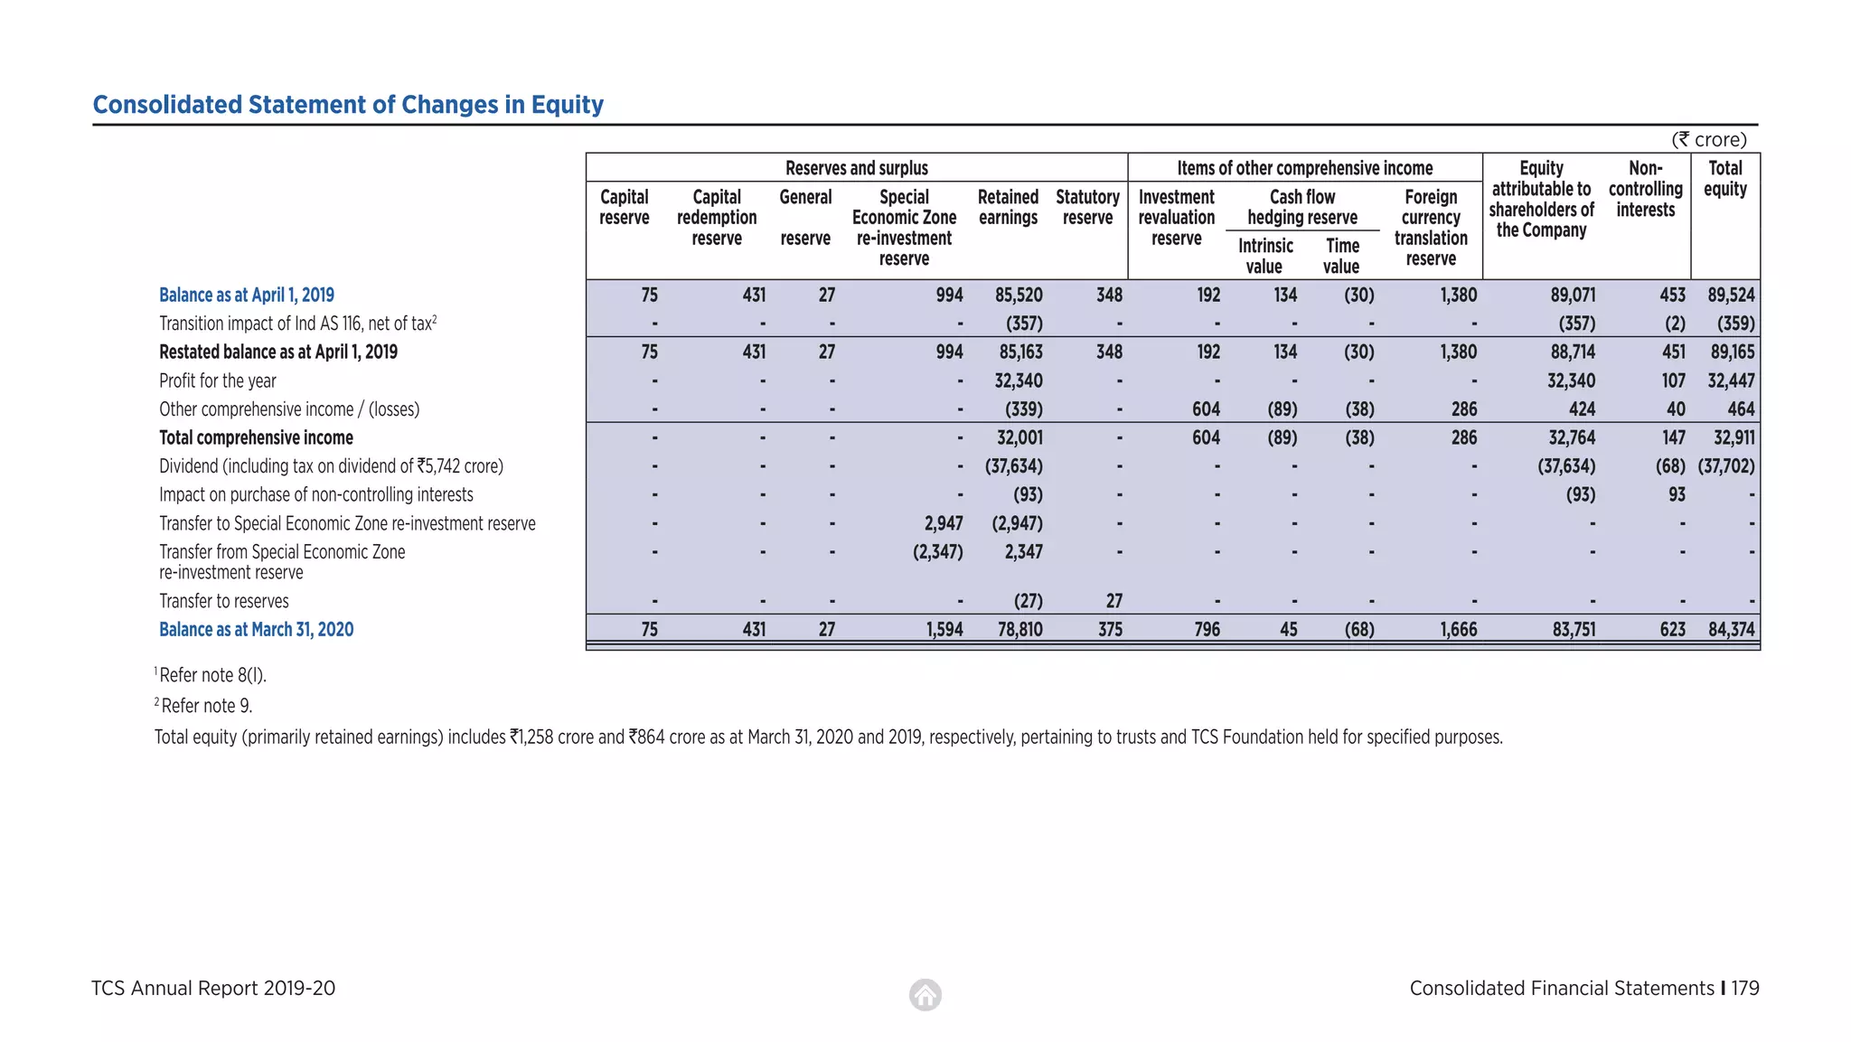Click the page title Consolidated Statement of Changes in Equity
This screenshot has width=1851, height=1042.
[348, 105]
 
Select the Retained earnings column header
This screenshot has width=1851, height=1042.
[1008, 207]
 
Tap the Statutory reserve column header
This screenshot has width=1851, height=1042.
[1087, 207]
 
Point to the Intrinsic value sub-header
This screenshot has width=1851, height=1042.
[1264, 256]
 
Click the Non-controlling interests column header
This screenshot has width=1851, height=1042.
[1645, 189]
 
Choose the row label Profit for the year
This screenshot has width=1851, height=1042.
[218, 380]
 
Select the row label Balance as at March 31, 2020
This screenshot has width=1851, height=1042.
[256, 629]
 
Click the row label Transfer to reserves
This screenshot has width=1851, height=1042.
[224, 601]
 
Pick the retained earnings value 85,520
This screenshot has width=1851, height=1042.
[1019, 295]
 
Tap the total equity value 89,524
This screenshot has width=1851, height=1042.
[1731, 295]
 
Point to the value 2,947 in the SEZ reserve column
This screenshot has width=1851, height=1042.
[944, 523]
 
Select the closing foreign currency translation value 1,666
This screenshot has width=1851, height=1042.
[1459, 629]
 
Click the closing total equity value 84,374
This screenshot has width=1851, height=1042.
[1731, 629]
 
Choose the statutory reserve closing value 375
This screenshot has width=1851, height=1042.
[1110, 629]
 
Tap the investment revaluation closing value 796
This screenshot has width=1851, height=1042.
[1207, 629]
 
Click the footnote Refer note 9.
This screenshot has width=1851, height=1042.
[206, 706]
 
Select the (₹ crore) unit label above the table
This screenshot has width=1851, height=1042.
[1708, 139]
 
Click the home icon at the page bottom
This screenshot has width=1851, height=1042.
[925, 995]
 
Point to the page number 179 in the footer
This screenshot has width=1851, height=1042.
[1745, 988]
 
